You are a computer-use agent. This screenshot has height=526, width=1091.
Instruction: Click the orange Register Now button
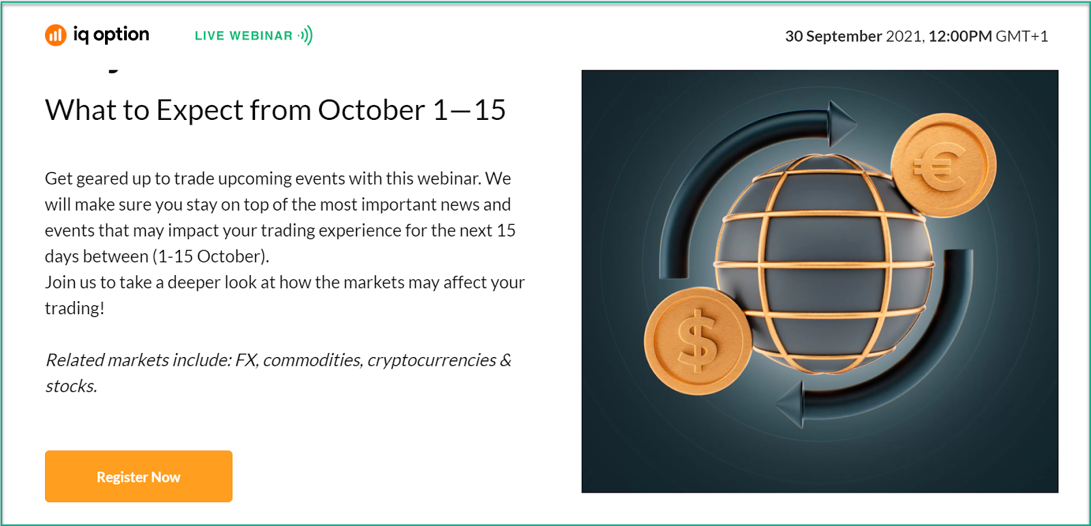[x=138, y=476]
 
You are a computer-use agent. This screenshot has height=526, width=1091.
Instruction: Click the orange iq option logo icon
[x=55, y=35]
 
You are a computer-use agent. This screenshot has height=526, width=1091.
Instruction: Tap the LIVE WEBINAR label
[x=243, y=35]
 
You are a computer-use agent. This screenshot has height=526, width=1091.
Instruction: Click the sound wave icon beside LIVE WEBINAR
[x=306, y=35]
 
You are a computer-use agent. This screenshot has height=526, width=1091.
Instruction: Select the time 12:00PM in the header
[x=960, y=36]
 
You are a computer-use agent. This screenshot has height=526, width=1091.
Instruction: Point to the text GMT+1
[x=1022, y=36]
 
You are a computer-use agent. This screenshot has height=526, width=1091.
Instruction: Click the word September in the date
[x=844, y=37]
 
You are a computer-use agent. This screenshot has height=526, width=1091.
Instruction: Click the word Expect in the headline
[x=199, y=110]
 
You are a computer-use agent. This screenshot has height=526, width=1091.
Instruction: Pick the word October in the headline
[x=372, y=110]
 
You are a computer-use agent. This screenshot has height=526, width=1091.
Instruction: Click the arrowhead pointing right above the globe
[x=841, y=123]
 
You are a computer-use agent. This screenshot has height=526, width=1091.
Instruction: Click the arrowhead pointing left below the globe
[x=790, y=404]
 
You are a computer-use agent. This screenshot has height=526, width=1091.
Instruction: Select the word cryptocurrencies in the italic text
[x=432, y=360]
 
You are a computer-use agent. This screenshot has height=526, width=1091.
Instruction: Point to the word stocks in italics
[x=71, y=386]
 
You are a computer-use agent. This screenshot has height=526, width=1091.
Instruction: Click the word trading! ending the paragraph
[x=74, y=309]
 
